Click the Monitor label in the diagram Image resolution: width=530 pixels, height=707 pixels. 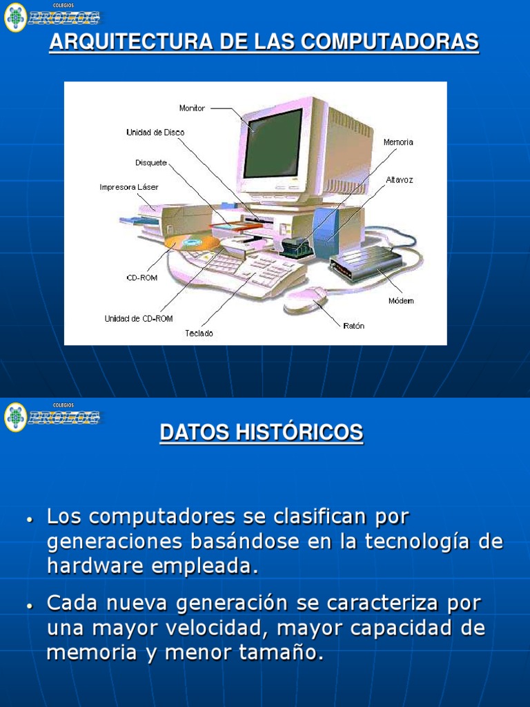192,108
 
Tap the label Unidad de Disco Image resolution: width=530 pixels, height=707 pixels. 155,132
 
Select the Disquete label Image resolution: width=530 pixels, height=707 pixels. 151,163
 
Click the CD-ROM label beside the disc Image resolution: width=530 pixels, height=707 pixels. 141,278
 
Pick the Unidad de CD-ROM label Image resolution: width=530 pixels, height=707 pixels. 139,318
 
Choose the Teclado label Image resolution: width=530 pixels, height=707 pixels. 199,333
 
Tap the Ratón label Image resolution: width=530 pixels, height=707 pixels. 353,326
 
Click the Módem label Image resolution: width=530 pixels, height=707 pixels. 401,301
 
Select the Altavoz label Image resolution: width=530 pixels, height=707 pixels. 400,180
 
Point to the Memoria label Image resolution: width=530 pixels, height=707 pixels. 398,142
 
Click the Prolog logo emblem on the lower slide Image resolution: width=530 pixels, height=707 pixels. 15,417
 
